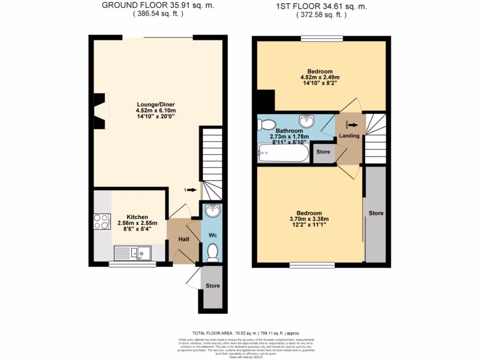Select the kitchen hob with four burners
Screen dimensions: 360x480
point(102,221)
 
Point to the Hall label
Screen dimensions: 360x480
point(183,240)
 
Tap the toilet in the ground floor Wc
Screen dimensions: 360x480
point(213,252)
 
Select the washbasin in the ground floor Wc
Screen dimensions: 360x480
point(213,211)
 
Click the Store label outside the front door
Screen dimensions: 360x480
point(212,285)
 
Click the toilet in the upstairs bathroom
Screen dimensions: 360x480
point(267,124)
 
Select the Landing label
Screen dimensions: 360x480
point(349,136)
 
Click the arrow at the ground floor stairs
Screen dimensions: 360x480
point(191,190)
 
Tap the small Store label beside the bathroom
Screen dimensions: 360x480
point(323,152)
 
